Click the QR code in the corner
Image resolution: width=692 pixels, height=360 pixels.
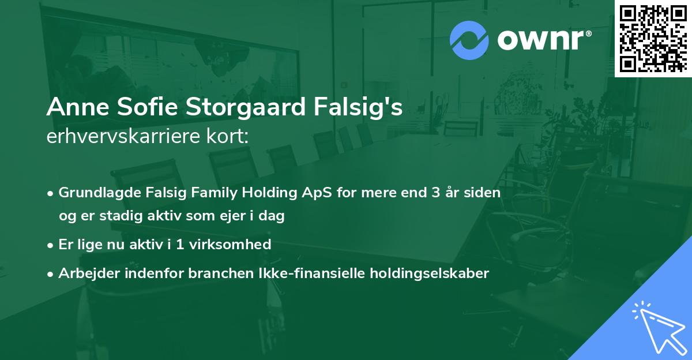653,38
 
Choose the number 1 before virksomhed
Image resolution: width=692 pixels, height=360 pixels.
181,245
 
